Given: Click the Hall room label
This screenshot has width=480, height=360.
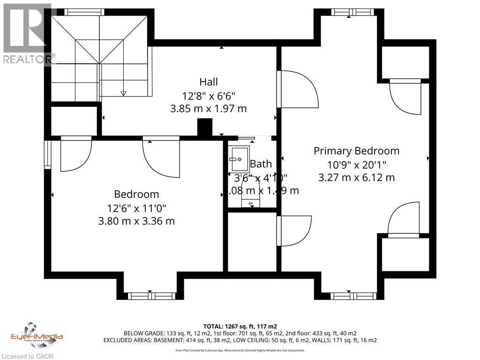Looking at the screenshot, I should coord(209,82).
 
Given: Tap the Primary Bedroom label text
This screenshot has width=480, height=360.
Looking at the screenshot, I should coord(356,150).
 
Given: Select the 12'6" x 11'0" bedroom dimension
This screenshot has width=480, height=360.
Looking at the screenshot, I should coord(136,207).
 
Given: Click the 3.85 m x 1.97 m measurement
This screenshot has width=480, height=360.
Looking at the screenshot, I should coord(209,108).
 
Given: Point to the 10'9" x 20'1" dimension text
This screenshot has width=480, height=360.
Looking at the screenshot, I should coord(356,164).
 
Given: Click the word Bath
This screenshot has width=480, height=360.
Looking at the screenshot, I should coord(261,164).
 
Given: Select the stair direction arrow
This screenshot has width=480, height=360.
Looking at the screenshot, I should coord(124,93).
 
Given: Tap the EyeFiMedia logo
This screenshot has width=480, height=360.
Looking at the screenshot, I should coord(37,334).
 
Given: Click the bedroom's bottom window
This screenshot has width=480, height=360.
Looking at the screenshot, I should coord(150,296).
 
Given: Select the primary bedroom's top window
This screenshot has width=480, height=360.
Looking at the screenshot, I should coord(350,12).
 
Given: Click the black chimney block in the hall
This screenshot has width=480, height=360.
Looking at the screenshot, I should coord(205,127).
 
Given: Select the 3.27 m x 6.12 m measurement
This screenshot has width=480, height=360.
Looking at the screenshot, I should coord(356,178).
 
